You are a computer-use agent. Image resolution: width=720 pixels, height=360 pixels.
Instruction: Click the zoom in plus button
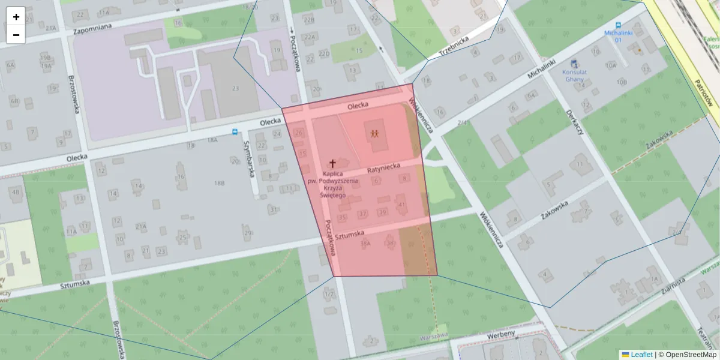click(16, 16)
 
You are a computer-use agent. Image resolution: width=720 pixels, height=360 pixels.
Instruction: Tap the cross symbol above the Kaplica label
click(332, 163)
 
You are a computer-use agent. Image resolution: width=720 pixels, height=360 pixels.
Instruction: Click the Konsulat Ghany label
click(574, 75)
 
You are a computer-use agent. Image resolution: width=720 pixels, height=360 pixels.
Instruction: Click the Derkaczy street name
click(574, 122)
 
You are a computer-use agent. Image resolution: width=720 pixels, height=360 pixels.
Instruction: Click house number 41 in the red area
click(401, 205)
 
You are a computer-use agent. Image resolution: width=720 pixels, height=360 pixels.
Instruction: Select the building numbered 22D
click(324, 54)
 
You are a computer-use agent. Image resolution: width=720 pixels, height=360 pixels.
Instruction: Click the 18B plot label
click(219, 182)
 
